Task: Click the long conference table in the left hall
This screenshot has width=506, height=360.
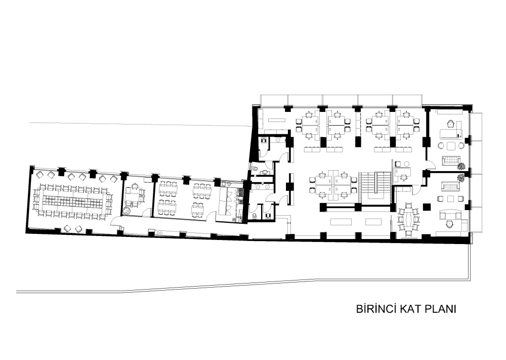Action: pyautogui.click(x=73, y=199)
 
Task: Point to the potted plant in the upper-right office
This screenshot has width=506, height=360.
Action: pyautogui.click(x=461, y=167)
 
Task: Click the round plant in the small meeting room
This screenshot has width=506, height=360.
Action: pyautogui.click(x=126, y=211)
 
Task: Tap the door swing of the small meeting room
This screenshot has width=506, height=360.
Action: pyautogui.click(x=148, y=212)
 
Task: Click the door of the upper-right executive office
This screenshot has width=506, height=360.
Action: pyautogui.click(x=431, y=165)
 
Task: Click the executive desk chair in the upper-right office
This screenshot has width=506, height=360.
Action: pyautogui.click(x=450, y=124)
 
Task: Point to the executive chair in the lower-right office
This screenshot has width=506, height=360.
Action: pyautogui.click(x=449, y=225)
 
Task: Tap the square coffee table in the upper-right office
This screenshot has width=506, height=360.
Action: pyautogui.click(x=451, y=146)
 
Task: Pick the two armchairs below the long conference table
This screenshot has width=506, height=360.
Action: pyautogui.click(x=73, y=228)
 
